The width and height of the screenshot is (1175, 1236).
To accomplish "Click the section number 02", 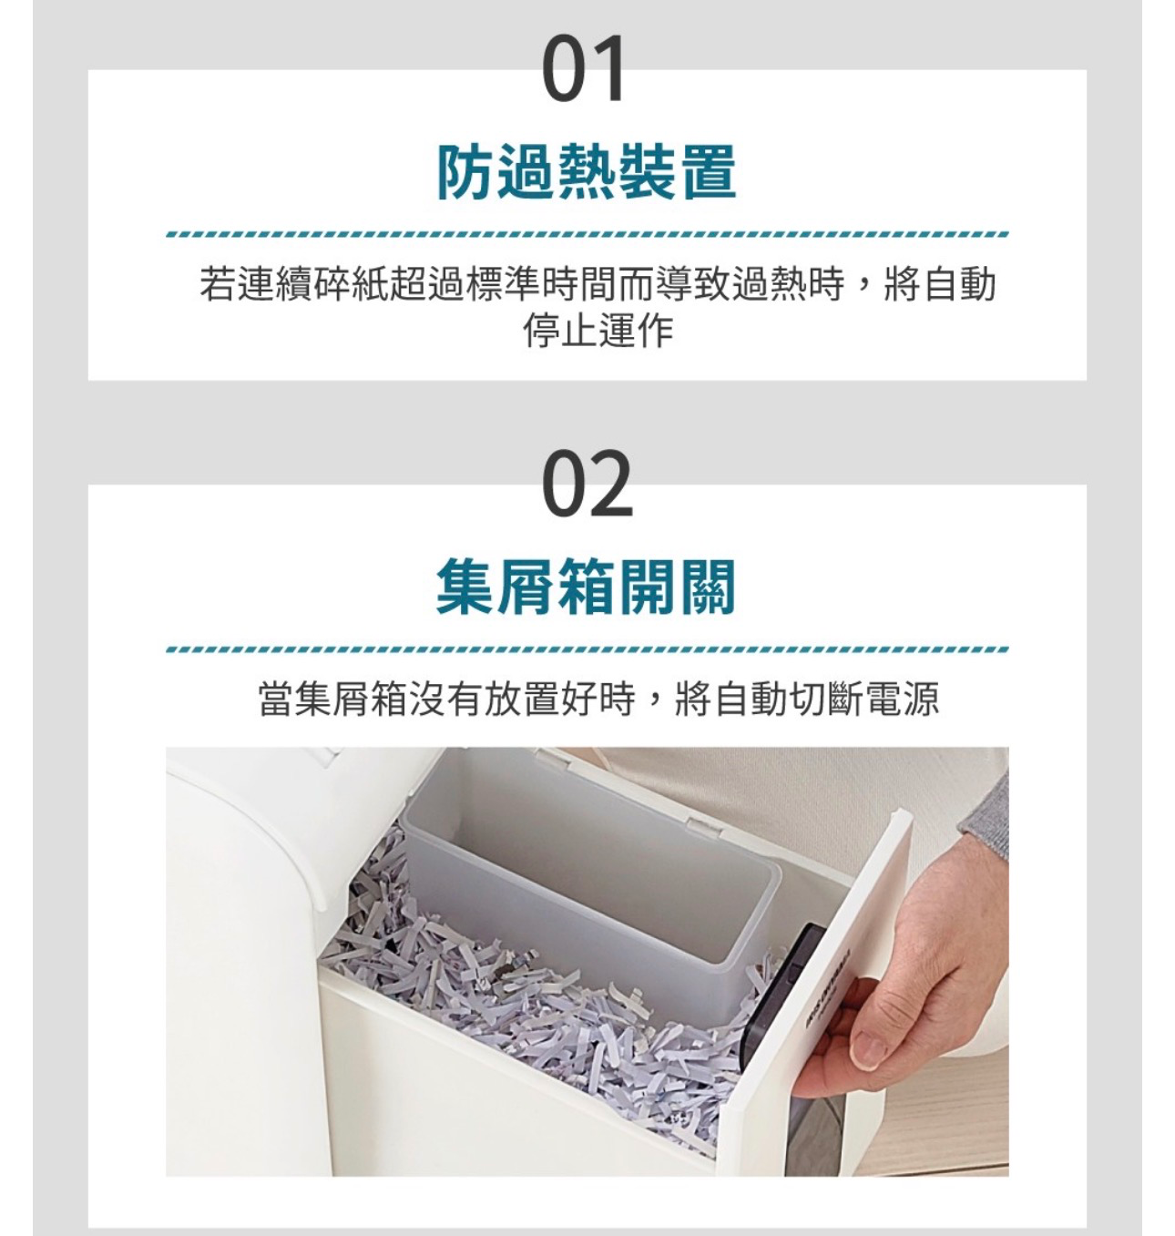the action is (x=587, y=483).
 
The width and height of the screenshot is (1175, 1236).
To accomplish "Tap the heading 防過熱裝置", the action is (x=586, y=171).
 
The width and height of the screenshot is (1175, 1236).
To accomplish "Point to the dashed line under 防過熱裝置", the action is (x=587, y=234).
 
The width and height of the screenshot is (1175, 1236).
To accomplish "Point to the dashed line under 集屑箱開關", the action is (x=587, y=649).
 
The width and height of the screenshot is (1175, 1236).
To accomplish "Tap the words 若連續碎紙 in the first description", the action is (x=295, y=283).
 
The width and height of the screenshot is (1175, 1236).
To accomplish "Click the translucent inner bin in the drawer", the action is (x=591, y=880).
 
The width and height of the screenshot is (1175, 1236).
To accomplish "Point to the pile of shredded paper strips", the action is (x=541, y=1006).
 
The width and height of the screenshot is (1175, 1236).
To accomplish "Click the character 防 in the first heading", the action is (x=465, y=171).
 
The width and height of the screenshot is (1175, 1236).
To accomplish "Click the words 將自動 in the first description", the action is (x=940, y=283).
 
